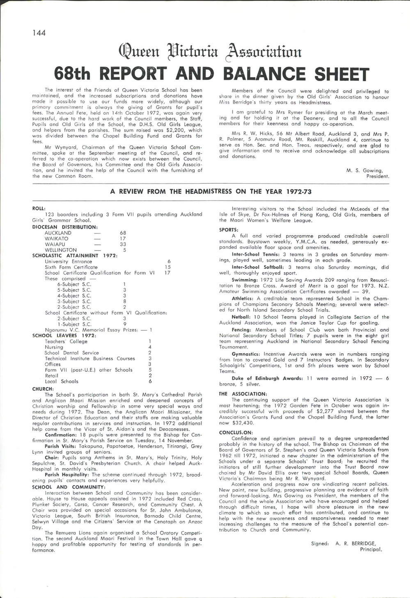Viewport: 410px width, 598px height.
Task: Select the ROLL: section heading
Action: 39,208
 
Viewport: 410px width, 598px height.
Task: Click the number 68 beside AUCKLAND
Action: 123,233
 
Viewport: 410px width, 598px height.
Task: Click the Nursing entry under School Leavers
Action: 54,347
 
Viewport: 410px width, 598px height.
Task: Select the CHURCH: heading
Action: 43,389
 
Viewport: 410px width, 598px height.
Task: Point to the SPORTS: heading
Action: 229,230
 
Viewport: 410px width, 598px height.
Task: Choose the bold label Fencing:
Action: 242,330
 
